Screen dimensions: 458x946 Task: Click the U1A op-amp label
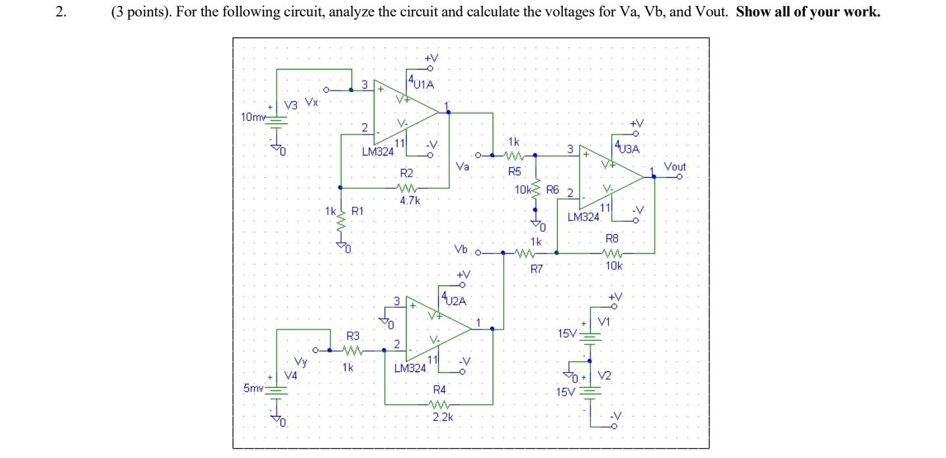pyautogui.click(x=422, y=83)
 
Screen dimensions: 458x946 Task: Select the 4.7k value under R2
pyautogui.click(x=409, y=201)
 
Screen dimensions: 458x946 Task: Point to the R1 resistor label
pyautogui.click(x=357, y=211)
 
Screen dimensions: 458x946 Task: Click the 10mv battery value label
pyautogui.click(x=252, y=116)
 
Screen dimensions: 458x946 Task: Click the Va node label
pyautogui.click(x=462, y=167)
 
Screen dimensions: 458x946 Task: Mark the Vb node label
pyautogui.click(x=461, y=251)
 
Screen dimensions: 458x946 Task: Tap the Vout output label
pyautogui.click(x=675, y=167)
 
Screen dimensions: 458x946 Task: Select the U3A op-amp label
pyautogui.click(x=627, y=149)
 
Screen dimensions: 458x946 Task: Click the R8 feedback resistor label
pyautogui.click(x=612, y=240)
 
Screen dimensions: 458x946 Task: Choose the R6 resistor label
pyautogui.click(x=551, y=190)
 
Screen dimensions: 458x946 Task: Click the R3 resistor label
pyautogui.click(x=353, y=335)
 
